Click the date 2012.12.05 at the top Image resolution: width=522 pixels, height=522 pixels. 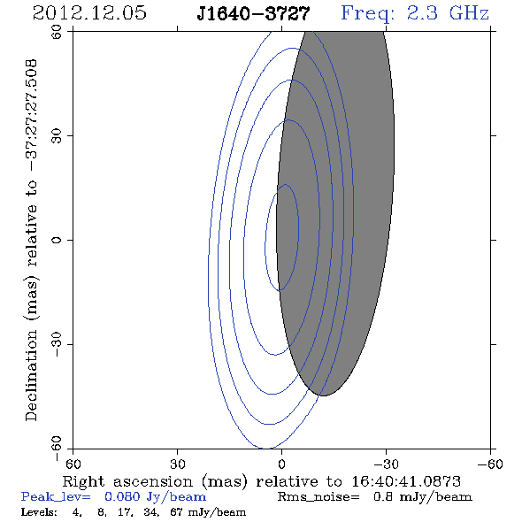[89, 13]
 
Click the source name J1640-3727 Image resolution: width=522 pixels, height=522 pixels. [253, 14]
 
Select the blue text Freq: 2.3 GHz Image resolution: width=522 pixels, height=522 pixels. [415, 13]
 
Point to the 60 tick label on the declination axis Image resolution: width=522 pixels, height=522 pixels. [57, 32]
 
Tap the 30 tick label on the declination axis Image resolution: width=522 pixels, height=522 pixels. [57, 136]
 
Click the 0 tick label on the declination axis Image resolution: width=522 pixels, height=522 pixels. [57, 240]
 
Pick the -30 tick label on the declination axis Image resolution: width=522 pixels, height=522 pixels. [57, 344]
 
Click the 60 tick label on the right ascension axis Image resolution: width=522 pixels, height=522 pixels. [73, 464]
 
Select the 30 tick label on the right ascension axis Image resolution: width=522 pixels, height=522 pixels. [177, 464]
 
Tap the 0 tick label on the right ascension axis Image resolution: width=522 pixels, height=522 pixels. [281, 464]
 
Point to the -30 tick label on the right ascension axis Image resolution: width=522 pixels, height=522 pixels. [386, 464]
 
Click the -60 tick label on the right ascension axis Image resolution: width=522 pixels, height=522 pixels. [490, 464]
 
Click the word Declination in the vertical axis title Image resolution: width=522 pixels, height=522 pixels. [31, 375]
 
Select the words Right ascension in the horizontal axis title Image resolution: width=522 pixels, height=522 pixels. [127, 481]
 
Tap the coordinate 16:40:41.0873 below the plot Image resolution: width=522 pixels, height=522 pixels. [406, 481]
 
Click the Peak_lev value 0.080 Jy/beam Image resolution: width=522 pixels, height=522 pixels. [155, 497]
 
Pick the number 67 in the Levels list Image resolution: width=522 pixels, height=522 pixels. [176, 512]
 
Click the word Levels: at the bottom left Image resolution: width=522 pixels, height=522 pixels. [39, 512]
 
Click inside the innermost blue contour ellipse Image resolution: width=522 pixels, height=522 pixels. [281, 237]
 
